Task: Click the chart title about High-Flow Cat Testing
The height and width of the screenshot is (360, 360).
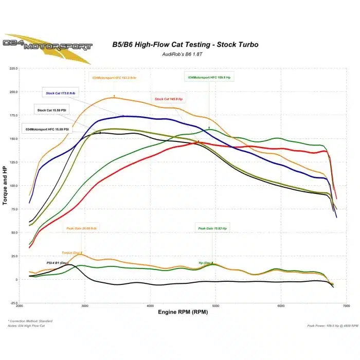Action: point(185,45)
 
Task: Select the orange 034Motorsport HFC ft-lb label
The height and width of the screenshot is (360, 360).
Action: point(115,78)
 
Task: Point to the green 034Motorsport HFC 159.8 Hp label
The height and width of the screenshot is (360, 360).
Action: point(209,77)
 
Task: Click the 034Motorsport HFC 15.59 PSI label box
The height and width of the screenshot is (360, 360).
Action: point(47,129)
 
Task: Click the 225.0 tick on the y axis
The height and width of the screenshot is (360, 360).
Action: point(13,68)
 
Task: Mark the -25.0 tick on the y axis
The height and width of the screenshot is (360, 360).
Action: point(13,303)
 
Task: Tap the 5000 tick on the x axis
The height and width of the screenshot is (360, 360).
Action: point(215,307)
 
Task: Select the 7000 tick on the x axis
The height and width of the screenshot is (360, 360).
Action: point(346,307)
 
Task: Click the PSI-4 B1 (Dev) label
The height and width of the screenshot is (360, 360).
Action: point(57,263)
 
